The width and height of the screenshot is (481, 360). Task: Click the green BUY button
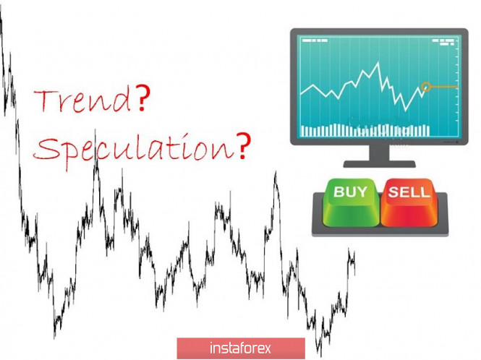tap(352, 202)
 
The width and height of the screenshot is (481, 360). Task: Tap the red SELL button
tap(409, 202)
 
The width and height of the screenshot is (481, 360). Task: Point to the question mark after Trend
tap(142, 98)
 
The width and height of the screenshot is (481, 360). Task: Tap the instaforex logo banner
tap(241, 348)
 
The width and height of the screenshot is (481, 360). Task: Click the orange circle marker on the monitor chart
tap(426, 87)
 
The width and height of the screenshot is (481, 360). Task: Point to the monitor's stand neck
tap(379, 153)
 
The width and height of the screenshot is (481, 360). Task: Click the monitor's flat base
tap(379, 164)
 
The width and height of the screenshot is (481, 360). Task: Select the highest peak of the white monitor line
tap(378, 63)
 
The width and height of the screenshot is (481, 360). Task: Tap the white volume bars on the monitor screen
tap(365, 130)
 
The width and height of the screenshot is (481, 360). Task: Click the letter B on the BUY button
tap(339, 192)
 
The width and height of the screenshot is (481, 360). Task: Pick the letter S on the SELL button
tap(393, 192)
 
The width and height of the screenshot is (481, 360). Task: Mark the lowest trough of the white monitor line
tap(406, 109)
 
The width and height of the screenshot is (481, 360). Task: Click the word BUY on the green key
tap(350, 192)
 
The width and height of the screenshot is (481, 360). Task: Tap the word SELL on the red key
tap(409, 192)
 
